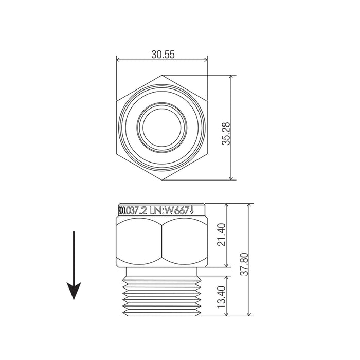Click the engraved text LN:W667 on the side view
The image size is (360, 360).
click(x=174, y=210)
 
